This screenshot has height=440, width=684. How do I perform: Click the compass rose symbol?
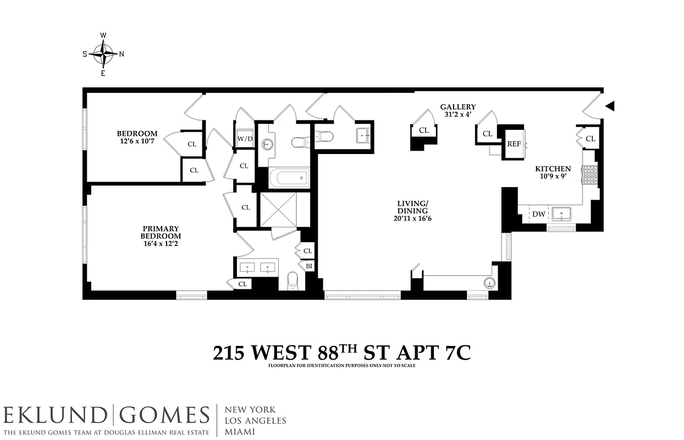tap(103, 54)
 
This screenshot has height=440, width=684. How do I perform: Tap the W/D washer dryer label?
tap(245, 139)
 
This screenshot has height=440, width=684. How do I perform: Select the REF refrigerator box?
tap(514, 144)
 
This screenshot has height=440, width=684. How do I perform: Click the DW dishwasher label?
tap(539, 214)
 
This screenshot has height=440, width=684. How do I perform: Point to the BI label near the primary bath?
tap(309, 266)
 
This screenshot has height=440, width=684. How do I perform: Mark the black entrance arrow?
tap(610, 106)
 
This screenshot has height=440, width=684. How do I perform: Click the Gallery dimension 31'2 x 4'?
tap(457, 114)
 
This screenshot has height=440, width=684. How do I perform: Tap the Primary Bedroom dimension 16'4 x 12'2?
tap(161, 244)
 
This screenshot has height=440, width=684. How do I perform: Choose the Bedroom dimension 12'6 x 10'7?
tap(137, 141)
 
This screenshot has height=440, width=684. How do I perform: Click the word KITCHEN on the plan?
tap(553, 169)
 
